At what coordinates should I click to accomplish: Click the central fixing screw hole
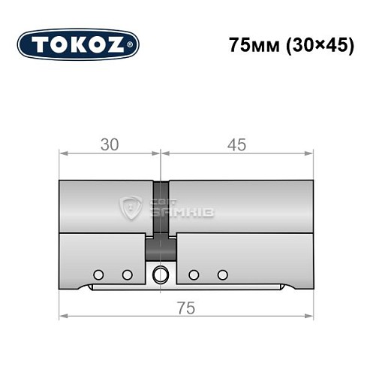coord(159,274)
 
